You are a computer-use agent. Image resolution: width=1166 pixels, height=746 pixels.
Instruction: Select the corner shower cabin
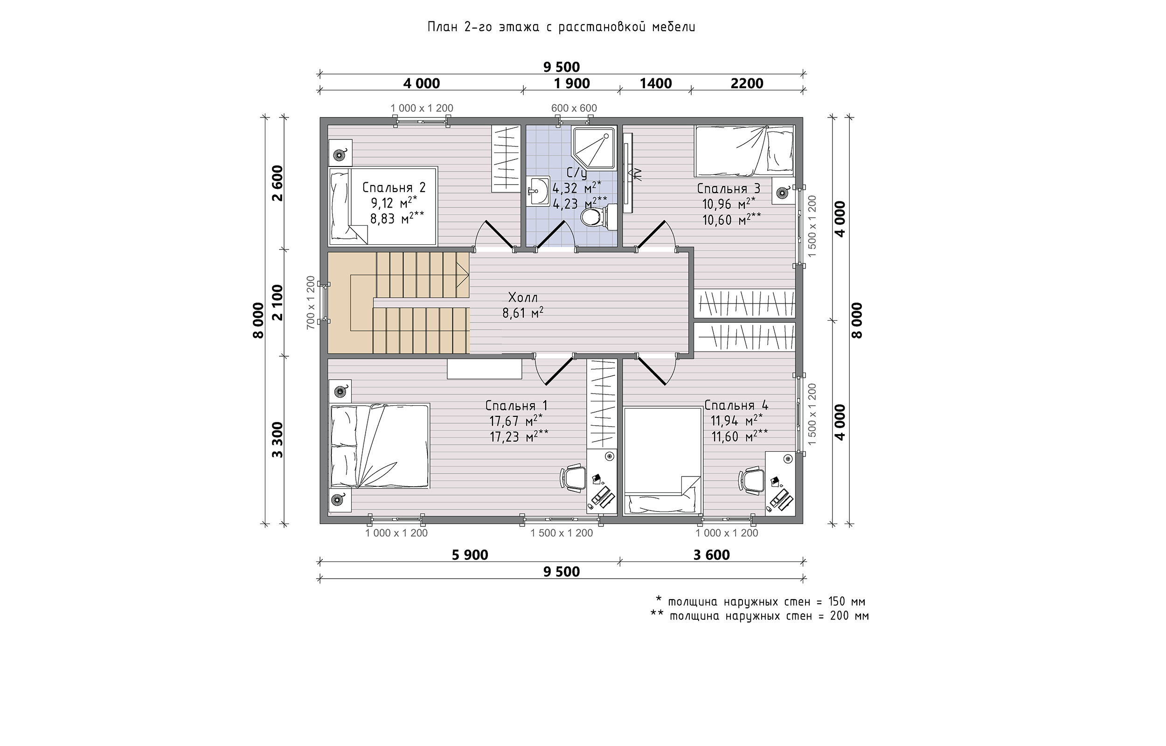[593, 148]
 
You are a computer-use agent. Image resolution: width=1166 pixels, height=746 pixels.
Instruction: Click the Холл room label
[523, 297]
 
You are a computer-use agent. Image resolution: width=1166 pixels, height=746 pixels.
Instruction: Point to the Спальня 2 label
[394, 187]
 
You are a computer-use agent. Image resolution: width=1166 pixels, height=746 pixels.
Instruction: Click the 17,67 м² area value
[515, 420]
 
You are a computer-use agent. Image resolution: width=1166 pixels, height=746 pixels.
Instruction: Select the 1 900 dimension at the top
[572, 83]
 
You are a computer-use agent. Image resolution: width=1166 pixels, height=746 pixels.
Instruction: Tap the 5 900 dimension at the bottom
[470, 555]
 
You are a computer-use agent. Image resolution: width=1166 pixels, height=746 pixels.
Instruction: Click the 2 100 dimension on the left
[277, 303]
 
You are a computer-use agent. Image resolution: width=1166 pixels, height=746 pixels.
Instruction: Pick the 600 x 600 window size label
[574, 108]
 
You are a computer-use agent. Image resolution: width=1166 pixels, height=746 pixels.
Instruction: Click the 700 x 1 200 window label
[311, 302]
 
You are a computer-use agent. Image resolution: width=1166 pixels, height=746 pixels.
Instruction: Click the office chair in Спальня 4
[751, 480]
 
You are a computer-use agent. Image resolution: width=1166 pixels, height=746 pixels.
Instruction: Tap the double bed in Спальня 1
[380, 446]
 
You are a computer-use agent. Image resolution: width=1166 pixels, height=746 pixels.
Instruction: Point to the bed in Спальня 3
[743, 151]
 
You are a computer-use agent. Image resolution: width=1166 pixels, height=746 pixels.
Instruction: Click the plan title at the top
[562, 27]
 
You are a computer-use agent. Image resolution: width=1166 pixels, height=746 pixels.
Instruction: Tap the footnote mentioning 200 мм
[760, 616]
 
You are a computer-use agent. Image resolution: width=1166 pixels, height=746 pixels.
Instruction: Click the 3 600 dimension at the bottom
[711, 555]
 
